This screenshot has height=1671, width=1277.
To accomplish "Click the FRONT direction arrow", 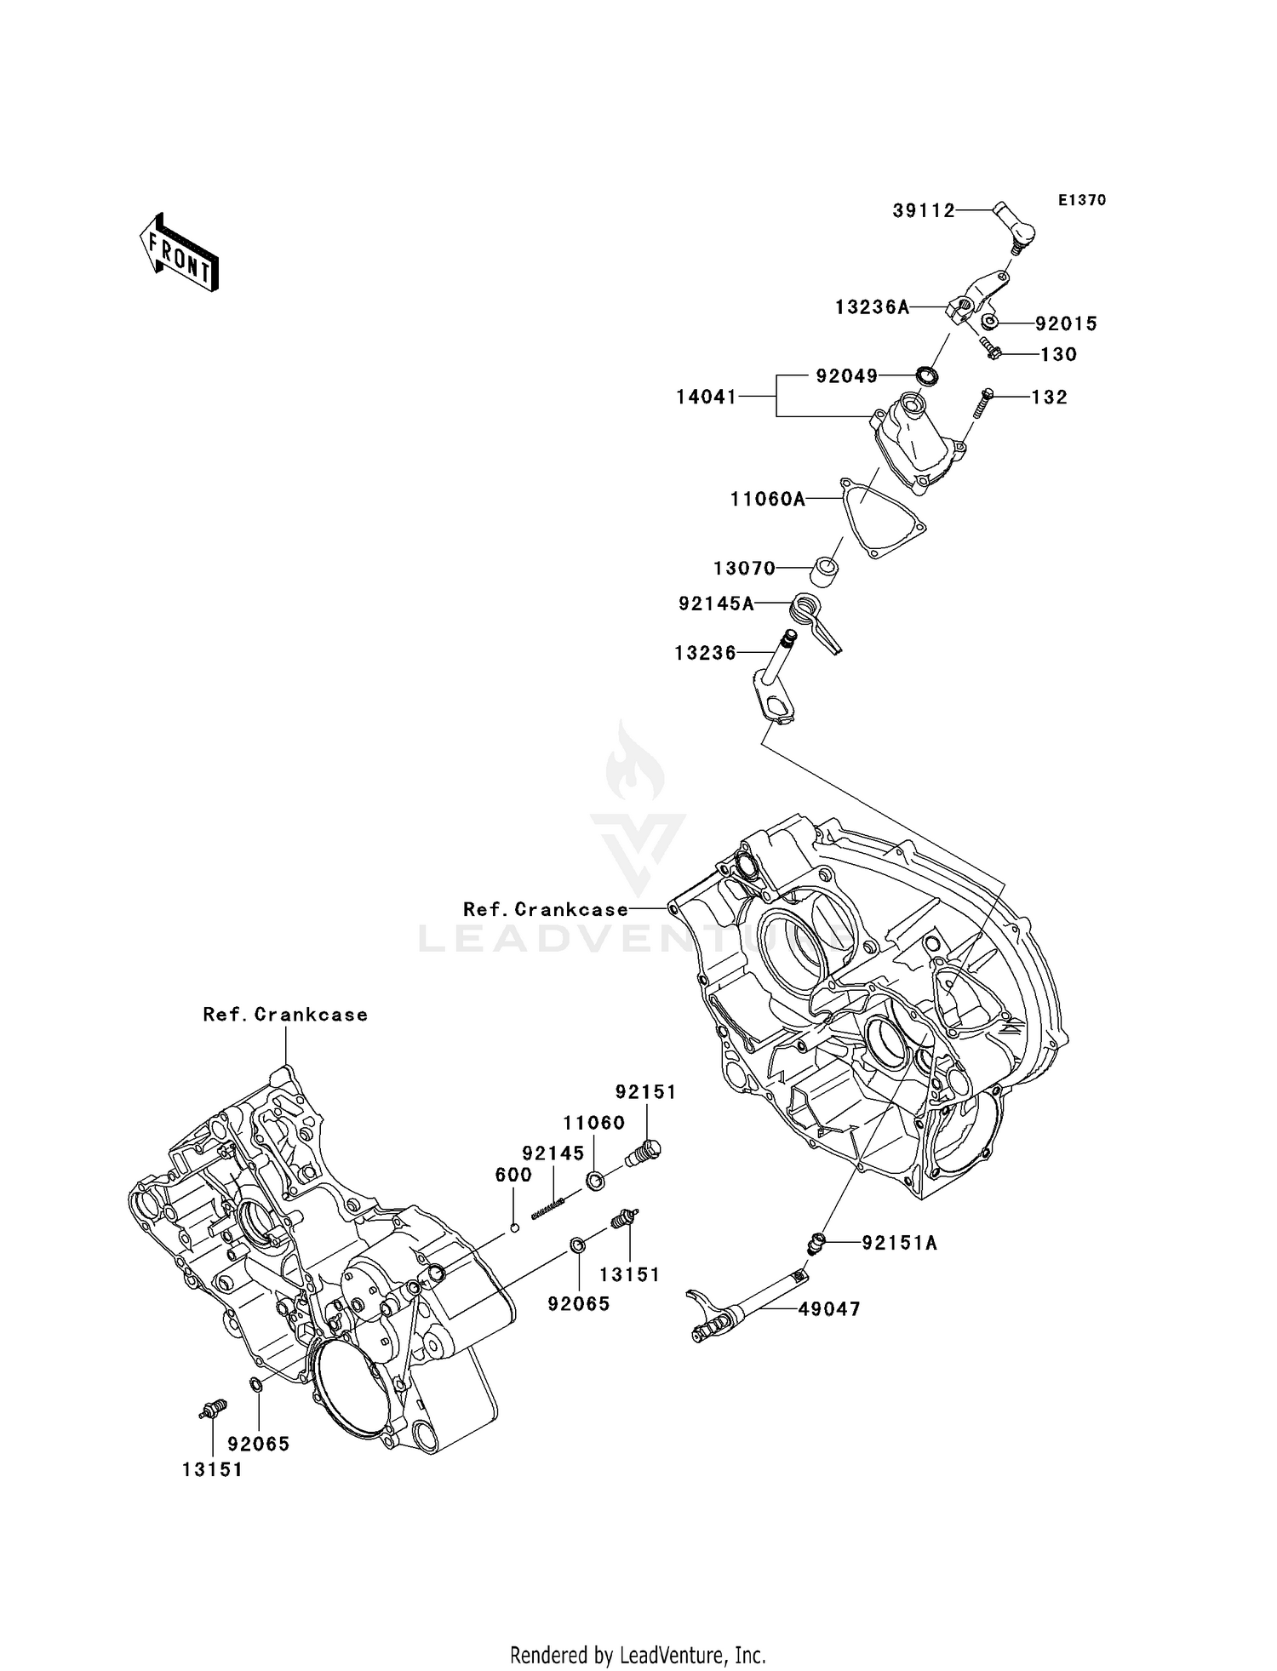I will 180,254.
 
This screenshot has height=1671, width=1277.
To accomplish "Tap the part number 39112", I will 924,211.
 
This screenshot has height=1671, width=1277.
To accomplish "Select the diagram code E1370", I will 1082,200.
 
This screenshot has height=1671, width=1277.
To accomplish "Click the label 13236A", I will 872,307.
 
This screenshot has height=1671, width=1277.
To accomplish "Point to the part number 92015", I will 1066,324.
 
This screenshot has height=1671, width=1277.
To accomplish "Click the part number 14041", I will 706,397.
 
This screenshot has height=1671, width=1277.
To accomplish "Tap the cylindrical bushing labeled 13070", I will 823,571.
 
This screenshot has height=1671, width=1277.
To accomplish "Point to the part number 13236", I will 705,653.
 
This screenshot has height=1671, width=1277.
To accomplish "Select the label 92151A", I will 899,1244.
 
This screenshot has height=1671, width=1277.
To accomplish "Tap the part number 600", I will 513,1175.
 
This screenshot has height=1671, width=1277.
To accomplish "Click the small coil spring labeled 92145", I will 548,1207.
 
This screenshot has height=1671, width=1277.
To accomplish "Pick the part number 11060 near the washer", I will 594,1123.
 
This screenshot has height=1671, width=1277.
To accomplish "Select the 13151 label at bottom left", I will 212,1469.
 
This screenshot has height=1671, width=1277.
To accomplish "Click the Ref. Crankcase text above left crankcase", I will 285,1015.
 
